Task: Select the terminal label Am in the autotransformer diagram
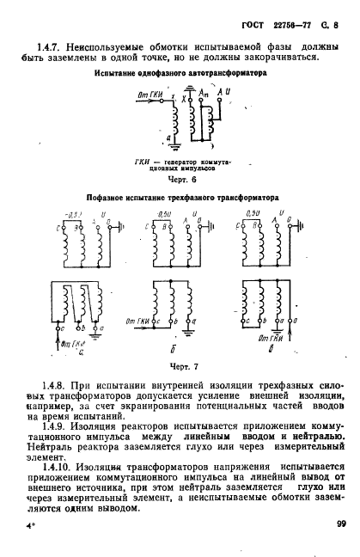point(202,93)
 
